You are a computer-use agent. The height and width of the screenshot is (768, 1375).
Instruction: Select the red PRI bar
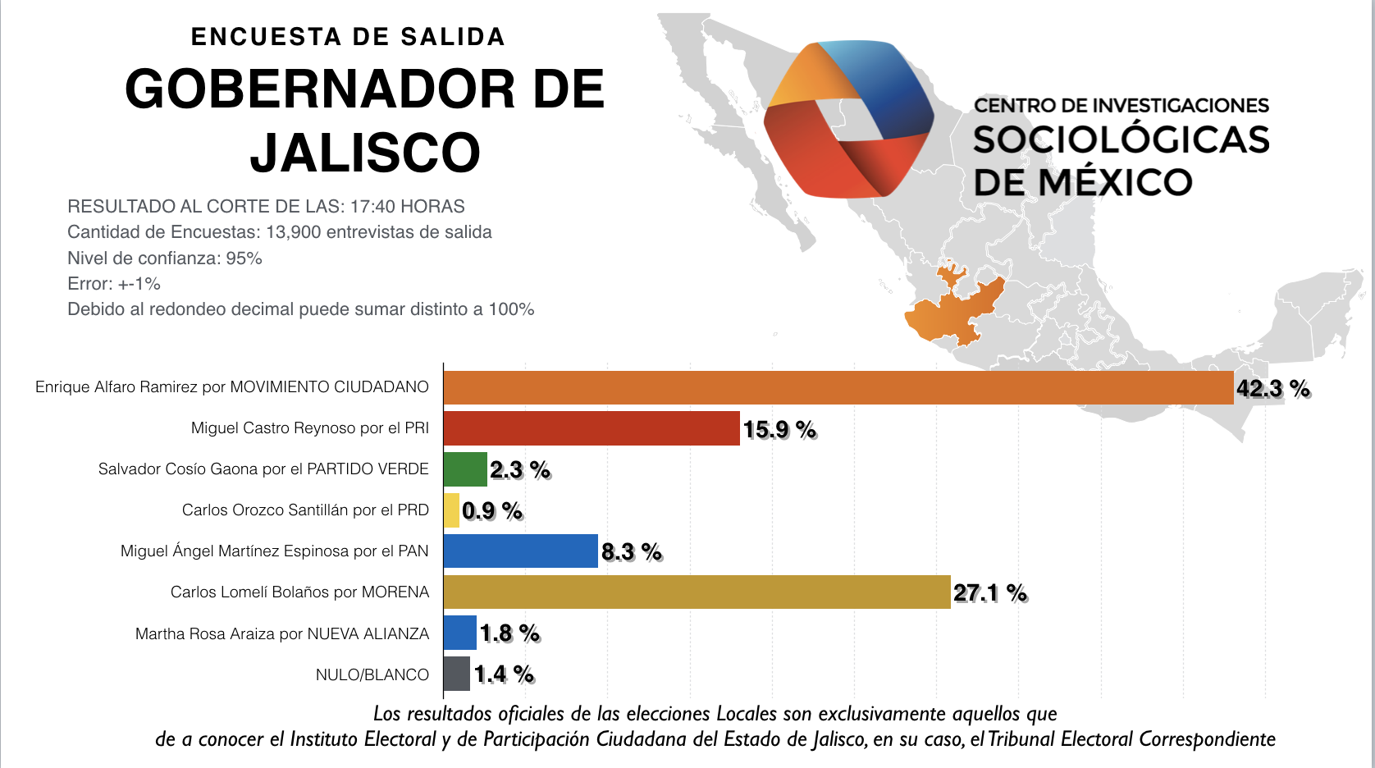click(x=592, y=428)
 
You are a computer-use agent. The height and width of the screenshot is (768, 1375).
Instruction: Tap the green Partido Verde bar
click(x=465, y=469)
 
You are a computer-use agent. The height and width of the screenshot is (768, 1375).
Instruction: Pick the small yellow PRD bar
click(x=451, y=510)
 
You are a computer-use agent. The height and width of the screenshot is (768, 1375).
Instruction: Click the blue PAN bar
click(x=521, y=551)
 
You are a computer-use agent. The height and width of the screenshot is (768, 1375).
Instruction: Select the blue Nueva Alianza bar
click(x=460, y=633)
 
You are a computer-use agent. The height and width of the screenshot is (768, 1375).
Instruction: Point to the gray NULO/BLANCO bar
click(x=457, y=674)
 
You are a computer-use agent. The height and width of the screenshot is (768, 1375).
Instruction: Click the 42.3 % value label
click(x=1272, y=388)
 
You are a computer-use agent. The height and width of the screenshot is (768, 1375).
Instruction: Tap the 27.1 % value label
click(x=989, y=592)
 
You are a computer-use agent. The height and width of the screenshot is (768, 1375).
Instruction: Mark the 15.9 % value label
click(x=779, y=429)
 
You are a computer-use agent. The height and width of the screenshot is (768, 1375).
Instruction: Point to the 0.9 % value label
click(x=492, y=510)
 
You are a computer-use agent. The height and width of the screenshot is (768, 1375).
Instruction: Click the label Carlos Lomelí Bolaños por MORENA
click(x=299, y=592)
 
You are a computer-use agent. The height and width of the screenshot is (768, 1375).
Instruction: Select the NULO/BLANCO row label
click(x=372, y=674)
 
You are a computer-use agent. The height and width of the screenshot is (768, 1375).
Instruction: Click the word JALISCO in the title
click(x=365, y=153)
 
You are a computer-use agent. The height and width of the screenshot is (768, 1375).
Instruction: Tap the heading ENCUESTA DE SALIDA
click(x=348, y=37)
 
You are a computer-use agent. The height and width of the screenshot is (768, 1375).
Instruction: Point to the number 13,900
click(x=294, y=232)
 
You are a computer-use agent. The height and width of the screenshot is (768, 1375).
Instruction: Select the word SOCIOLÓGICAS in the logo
click(x=1121, y=140)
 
